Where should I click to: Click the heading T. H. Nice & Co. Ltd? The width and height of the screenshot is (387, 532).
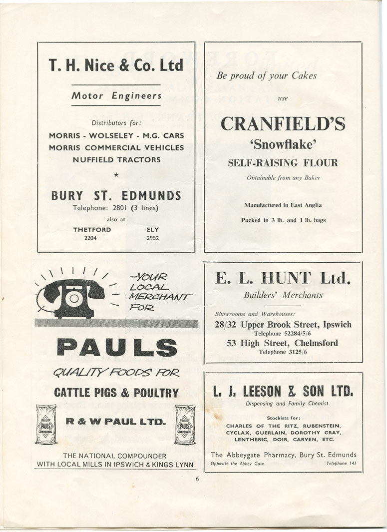[116, 65]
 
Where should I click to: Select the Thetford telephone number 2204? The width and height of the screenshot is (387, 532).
[90, 238]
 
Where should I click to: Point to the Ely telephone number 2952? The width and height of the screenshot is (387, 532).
[153, 238]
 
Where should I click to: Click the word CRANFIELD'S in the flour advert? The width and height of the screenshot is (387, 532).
[283, 124]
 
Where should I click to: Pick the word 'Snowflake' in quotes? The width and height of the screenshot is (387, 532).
[283, 145]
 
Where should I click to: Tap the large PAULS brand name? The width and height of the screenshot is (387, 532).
[116, 348]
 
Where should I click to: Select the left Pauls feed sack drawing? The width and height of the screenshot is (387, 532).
[46, 424]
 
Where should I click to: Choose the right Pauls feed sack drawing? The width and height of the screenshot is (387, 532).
[185, 424]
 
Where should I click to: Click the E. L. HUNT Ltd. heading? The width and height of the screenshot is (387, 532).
[283, 279]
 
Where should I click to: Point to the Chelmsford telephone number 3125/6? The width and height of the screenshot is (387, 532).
[283, 352]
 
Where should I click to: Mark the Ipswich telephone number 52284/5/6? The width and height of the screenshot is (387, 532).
[283, 334]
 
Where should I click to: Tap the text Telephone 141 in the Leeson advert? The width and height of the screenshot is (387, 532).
[341, 463]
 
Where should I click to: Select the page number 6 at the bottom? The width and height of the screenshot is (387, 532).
[197, 479]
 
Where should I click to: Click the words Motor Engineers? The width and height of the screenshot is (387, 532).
[116, 95]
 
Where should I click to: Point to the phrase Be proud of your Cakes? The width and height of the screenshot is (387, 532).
[267, 75]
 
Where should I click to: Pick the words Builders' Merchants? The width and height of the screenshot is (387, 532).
[283, 295]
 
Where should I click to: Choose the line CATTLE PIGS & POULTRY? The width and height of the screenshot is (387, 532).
[116, 393]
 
